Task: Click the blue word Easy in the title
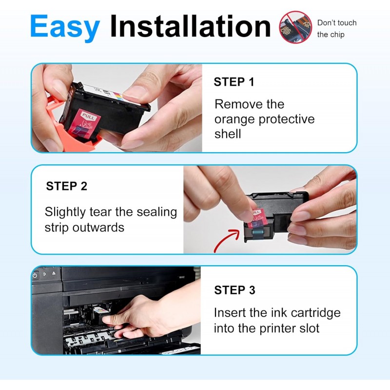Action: [x=65, y=27]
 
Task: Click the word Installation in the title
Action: [x=190, y=26]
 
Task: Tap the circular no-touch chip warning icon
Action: [x=295, y=27]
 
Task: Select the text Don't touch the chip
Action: [x=337, y=29]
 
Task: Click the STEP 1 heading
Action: [x=234, y=82]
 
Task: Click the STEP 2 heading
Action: [x=67, y=186]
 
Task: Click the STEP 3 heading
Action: [x=235, y=290]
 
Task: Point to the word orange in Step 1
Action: [x=235, y=120]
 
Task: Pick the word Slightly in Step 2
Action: [x=65, y=213]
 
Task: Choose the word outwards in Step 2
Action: [x=98, y=228]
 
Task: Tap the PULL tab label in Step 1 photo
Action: [x=88, y=116]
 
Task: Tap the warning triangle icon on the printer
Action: [x=54, y=273]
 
